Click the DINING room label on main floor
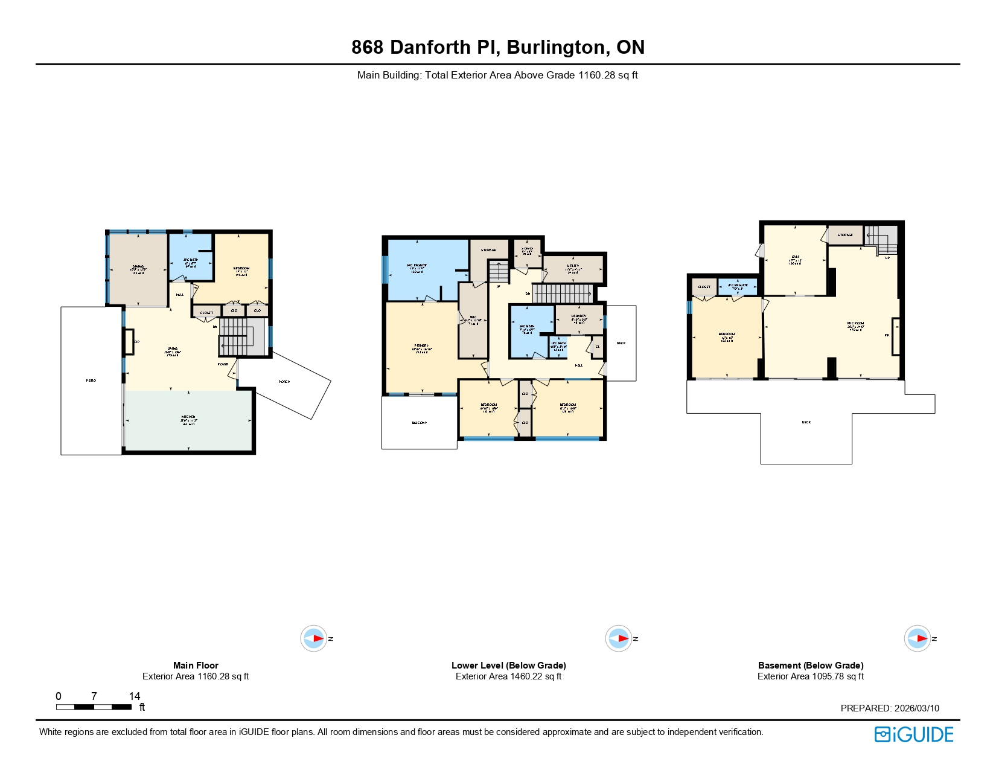coord(138,266)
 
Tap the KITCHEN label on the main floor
coord(188,417)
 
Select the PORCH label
coord(284,382)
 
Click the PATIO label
coord(91,380)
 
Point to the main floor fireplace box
coord(129,341)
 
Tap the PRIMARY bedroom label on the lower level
coord(421,345)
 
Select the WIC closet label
coord(473,317)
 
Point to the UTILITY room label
coord(573,266)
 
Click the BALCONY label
coord(420,423)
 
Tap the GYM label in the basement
coord(795,257)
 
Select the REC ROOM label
coord(855,323)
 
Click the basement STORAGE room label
coord(845,235)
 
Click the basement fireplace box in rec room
coord(896,336)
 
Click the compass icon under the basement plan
coord(917,638)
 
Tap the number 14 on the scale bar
coord(134,696)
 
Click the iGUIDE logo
coord(914,734)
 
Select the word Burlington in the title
coord(555,47)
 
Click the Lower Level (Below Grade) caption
coord(508,665)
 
